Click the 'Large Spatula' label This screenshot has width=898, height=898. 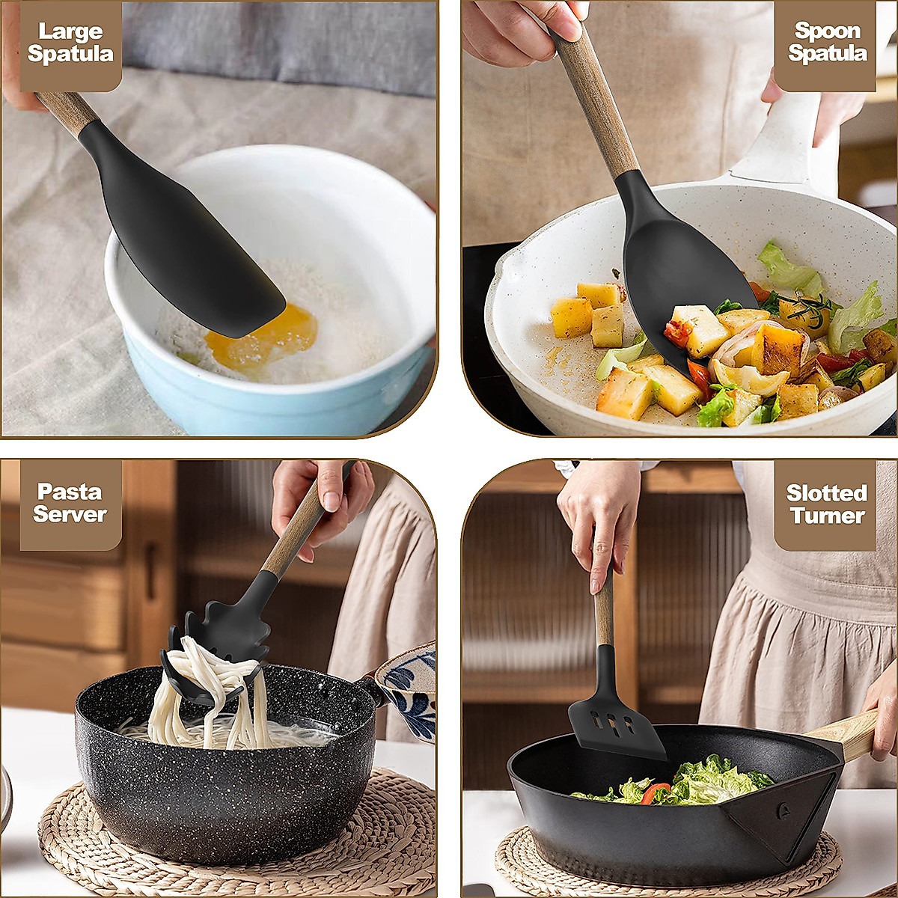70,43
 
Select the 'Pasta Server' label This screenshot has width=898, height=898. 70,503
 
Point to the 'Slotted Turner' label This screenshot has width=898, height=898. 826,504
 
